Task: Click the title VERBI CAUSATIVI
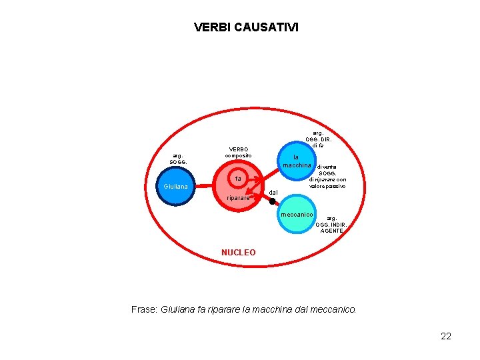point(246,27)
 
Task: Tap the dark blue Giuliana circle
point(177,187)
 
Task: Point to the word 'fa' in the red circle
point(237,179)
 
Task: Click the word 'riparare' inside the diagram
point(238,198)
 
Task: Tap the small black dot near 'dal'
point(272,201)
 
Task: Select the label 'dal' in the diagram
point(273,192)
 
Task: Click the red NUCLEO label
point(238,253)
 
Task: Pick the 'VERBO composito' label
point(238,152)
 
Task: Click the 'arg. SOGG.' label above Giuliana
point(178,159)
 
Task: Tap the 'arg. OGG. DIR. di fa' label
point(318,139)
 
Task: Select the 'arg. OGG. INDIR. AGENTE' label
point(331,224)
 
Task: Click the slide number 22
point(446,336)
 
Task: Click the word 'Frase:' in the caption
point(145,309)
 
